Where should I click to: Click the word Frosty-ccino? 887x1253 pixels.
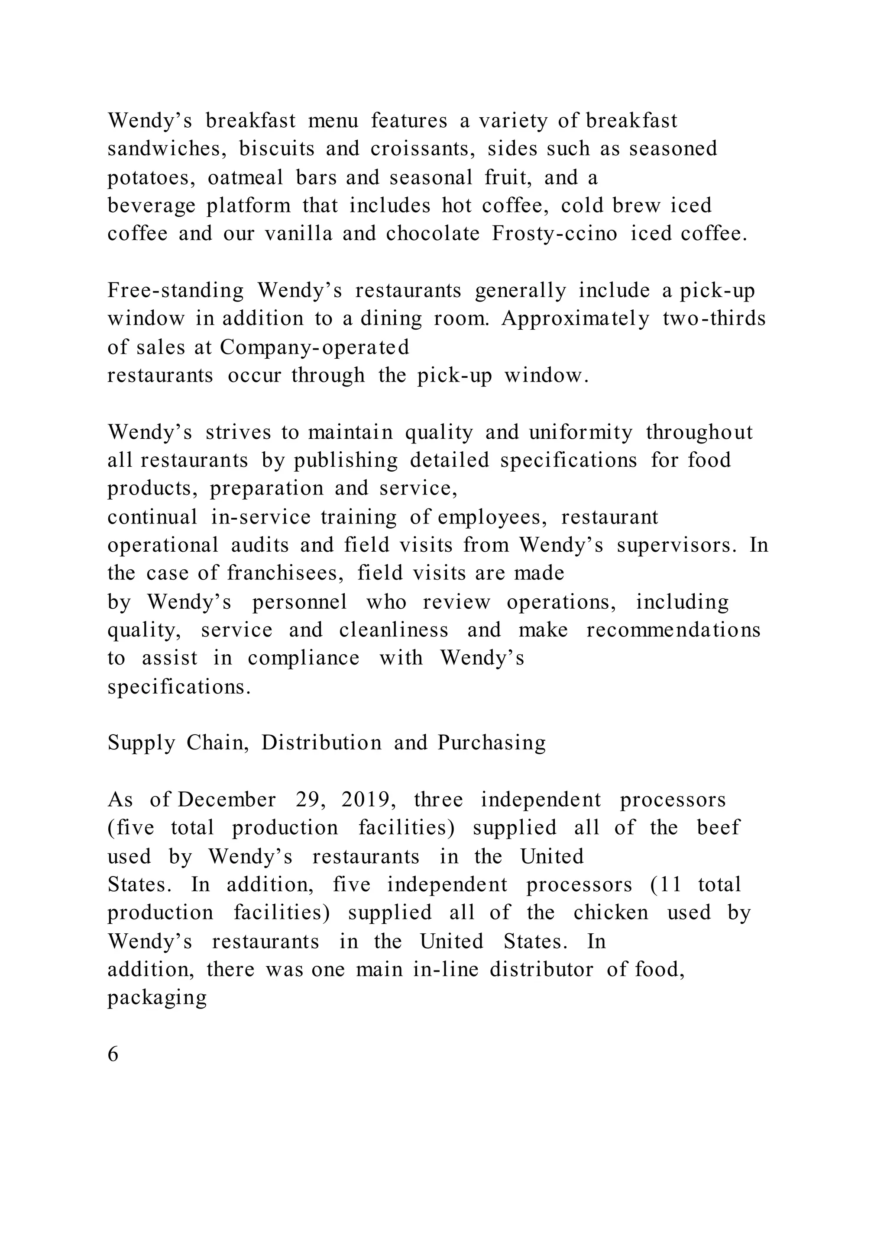(x=554, y=234)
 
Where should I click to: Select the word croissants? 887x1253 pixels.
(x=423, y=149)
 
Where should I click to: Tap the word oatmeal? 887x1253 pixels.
(x=246, y=177)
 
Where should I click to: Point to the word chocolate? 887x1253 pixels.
(x=433, y=234)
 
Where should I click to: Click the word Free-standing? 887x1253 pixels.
(x=176, y=290)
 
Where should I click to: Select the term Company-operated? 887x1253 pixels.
(x=314, y=347)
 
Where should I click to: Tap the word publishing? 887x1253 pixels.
(x=346, y=461)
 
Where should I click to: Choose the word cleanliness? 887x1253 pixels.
(x=394, y=630)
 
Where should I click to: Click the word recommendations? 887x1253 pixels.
(x=673, y=630)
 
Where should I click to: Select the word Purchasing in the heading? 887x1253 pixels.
(x=492, y=743)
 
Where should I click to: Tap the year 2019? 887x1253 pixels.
(x=366, y=800)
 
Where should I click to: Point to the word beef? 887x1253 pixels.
(x=718, y=828)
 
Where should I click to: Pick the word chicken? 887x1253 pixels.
(x=611, y=912)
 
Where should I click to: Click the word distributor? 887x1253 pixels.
(x=541, y=970)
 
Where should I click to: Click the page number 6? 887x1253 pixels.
(x=113, y=1054)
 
